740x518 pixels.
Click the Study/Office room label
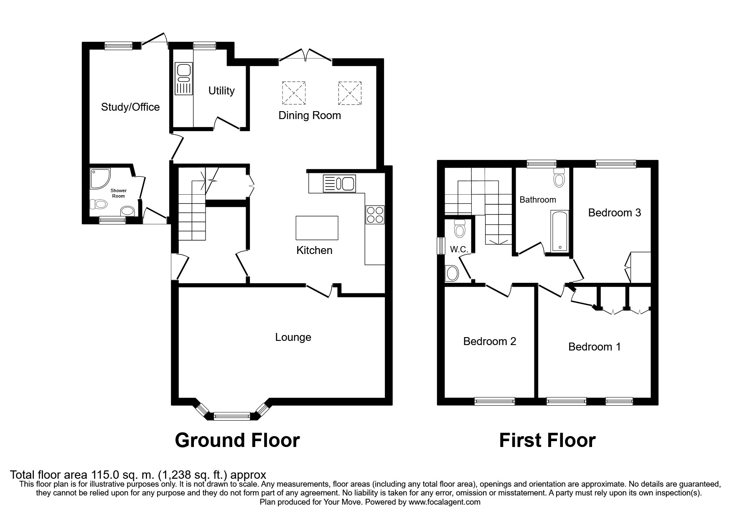click(x=130, y=107)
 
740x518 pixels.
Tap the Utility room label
click(x=221, y=91)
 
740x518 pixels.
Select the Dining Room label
click(x=310, y=115)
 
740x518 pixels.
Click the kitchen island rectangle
click(x=317, y=228)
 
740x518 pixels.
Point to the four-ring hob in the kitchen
click(x=375, y=215)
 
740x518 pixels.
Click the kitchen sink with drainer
click(x=339, y=183)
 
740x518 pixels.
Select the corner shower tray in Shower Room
click(x=99, y=178)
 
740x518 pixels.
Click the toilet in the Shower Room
click(x=99, y=204)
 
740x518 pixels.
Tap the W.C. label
click(x=459, y=249)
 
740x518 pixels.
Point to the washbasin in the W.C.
click(x=452, y=273)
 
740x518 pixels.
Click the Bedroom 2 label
click(x=490, y=341)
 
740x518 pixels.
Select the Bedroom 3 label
click(x=614, y=213)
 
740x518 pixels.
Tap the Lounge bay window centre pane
click(x=231, y=416)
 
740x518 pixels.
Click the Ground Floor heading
click(x=237, y=440)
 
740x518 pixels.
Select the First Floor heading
click(x=547, y=440)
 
